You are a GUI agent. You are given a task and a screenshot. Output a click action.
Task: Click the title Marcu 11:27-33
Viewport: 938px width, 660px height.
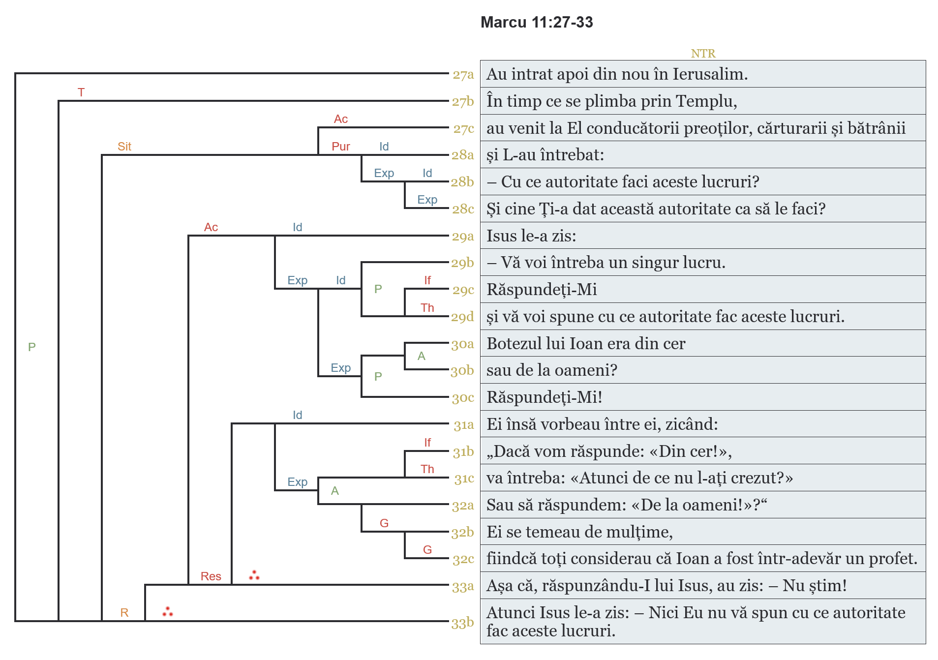(x=536, y=22)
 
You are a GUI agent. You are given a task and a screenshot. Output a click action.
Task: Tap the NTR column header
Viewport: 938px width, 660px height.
(x=702, y=53)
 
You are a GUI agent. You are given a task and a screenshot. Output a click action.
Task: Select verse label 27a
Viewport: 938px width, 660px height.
(x=463, y=75)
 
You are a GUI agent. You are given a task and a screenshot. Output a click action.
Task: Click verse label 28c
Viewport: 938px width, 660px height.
(x=463, y=209)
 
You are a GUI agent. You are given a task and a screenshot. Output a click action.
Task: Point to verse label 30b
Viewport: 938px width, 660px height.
(x=462, y=370)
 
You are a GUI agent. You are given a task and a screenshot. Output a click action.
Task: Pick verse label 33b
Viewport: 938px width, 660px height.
(x=462, y=623)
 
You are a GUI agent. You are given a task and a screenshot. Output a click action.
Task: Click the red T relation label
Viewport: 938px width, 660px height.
(x=81, y=92)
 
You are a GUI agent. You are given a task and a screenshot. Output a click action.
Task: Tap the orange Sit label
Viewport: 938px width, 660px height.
(x=124, y=147)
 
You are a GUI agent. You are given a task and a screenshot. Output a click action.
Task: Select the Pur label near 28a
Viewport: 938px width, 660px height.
(x=340, y=147)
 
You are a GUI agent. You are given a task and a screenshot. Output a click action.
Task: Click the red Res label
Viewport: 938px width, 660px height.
(x=211, y=576)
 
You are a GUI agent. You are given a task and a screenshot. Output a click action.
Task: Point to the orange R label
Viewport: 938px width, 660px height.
(x=124, y=613)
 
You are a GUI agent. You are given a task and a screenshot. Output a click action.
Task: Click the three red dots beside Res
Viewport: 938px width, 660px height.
(x=254, y=575)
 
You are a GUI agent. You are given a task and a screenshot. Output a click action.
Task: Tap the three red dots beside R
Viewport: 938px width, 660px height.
(x=168, y=612)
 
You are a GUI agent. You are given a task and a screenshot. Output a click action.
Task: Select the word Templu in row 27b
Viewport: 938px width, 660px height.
(x=706, y=101)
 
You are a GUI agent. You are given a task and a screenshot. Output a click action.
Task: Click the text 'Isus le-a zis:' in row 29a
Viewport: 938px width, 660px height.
(x=531, y=236)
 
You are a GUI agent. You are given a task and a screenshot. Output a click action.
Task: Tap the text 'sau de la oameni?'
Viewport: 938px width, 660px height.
(x=551, y=370)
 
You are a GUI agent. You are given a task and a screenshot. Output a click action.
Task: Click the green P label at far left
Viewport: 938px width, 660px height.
(x=32, y=347)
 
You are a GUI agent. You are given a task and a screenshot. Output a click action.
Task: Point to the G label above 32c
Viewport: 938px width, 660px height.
(x=427, y=550)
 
